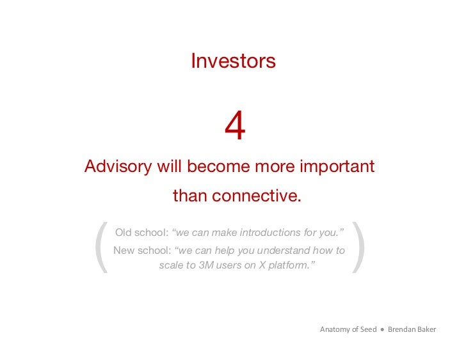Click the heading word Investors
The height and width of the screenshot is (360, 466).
click(233, 61)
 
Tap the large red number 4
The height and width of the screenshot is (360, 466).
click(235, 127)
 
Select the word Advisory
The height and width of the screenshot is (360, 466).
click(118, 167)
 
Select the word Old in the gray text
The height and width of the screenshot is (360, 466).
click(124, 232)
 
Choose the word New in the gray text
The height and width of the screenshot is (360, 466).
click(124, 250)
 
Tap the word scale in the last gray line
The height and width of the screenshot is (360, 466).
click(172, 265)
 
